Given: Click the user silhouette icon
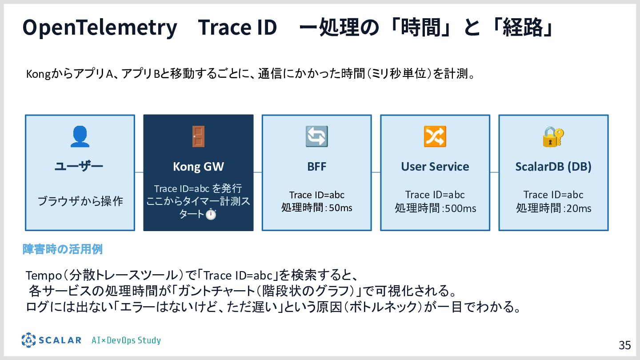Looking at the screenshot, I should tap(80, 136).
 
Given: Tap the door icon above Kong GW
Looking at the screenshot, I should tap(198, 136).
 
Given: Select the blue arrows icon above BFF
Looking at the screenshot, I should tap(316, 136).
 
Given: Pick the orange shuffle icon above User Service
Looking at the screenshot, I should tap(435, 136).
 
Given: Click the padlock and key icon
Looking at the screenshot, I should tap(553, 137).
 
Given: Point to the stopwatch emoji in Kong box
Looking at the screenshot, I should tap(211, 214).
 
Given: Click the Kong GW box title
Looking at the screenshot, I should tap(198, 167).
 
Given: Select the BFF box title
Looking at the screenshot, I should tap(316, 167).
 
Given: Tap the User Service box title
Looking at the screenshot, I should tap(435, 167).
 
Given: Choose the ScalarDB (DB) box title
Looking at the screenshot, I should tap(553, 167).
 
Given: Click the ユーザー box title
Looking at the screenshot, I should tap(79, 167).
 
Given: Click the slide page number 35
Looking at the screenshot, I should tap(624, 345).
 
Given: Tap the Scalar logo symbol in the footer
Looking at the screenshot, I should tap(28, 340).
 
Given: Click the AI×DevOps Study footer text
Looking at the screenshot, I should tap(126, 340).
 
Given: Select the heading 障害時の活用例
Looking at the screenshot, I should tap(63, 249).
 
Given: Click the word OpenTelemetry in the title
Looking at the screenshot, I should tap(100, 28).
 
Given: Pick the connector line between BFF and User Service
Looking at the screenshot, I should tap(376, 172).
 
